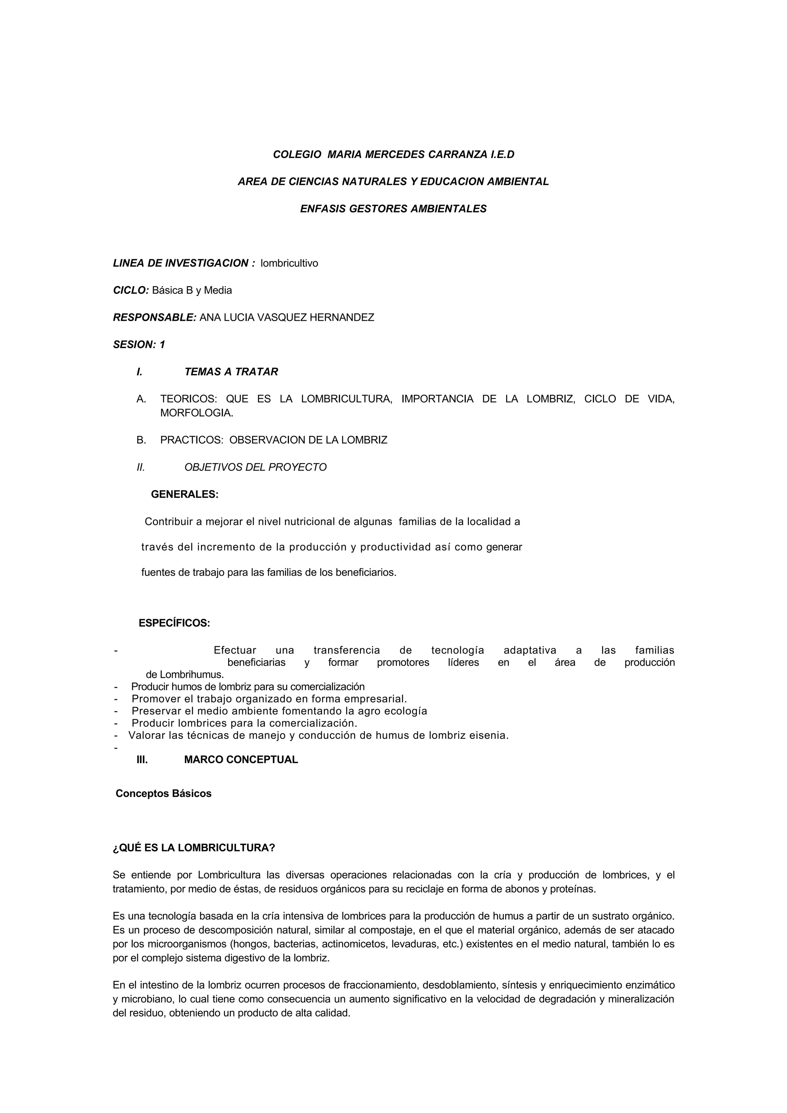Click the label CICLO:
[131, 290]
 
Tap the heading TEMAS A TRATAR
[231, 372]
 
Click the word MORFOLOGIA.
[196, 413]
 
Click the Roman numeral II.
[141, 467]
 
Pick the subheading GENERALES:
[185, 494]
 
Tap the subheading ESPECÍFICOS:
[174, 623]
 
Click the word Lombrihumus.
[185, 674]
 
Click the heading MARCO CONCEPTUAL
[241, 760]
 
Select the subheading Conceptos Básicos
[163, 793]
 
